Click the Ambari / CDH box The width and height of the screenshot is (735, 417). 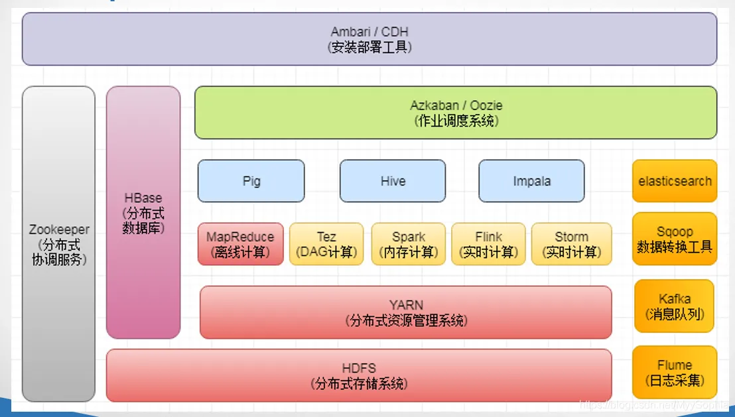(x=369, y=39)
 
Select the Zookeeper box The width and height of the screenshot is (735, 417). (x=58, y=244)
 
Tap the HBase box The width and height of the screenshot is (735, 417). (x=143, y=212)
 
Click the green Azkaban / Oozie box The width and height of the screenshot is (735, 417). (x=455, y=113)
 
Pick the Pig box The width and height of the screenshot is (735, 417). (x=251, y=181)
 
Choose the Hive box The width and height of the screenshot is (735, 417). (x=393, y=181)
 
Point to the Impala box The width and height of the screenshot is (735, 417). (x=531, y=181)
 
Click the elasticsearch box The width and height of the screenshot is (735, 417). (x=675, y=181)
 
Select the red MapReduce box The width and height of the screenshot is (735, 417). (x=240, y=244)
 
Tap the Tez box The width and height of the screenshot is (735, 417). (x=326, y=244)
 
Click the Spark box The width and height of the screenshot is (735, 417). (x=408, y=244)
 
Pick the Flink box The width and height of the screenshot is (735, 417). (x=488, y=244)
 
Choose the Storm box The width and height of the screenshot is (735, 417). (x=571, y=244)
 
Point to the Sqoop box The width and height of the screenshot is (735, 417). (x=675, y=239)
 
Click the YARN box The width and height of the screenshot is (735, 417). (x=405, y=312)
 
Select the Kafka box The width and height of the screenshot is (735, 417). (x=675, y=306)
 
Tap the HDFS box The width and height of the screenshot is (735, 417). (x=359, y=375)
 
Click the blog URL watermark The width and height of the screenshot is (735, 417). (x=653, y=404)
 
